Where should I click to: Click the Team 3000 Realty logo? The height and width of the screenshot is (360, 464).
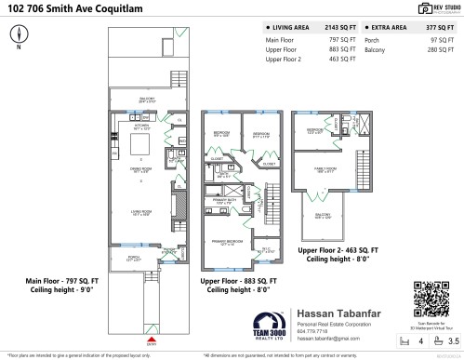(269, 325)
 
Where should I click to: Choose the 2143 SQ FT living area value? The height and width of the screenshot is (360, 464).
(341, 29)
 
